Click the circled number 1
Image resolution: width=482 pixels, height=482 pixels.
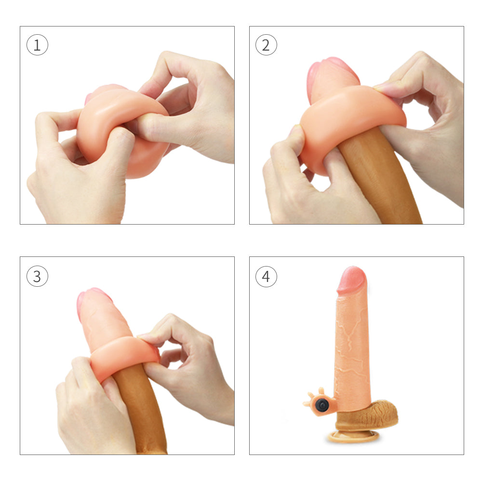pos(37,46)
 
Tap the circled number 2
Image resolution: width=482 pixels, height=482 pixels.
pos(266,46)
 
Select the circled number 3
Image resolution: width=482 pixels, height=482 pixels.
pos(37,276)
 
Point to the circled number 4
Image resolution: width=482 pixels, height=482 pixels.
pos(266,276)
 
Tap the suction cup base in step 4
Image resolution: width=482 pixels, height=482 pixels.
pos(354,436)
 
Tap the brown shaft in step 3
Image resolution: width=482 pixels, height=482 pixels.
pos(140,410)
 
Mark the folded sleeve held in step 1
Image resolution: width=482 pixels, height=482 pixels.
pos(120,130)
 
